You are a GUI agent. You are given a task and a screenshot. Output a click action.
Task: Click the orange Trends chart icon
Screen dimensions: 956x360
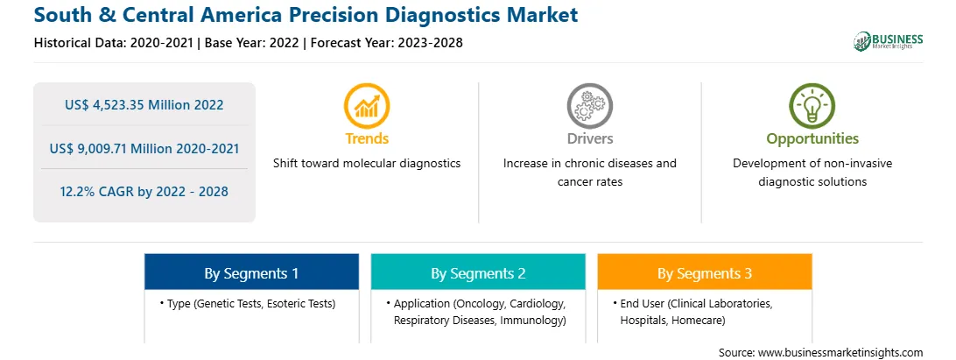[x=367, y=106]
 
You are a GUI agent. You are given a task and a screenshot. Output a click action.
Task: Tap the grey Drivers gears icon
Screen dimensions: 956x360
[x=589, y=106]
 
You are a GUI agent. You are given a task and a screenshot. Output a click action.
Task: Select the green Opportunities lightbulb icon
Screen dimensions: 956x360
[x=812, y=106]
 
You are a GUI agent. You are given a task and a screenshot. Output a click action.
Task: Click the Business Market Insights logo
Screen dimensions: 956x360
[x=888, y=41]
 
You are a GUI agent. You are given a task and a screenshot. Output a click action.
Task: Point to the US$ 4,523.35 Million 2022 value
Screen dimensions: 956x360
[x=144, y=105]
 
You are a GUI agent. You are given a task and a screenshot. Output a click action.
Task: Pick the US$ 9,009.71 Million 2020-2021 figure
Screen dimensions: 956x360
[x=144, y=148]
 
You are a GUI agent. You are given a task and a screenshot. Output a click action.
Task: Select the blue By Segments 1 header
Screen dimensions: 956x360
[x=251, y=272]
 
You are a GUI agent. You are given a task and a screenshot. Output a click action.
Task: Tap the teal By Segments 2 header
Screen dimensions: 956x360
[x=478, y=272]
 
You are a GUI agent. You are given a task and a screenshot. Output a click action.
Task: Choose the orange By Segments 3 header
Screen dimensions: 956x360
[x=705, y=272]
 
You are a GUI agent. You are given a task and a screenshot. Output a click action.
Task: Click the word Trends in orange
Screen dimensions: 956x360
[x=367, y=138]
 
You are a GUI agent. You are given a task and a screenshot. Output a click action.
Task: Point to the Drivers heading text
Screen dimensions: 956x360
[x=589, y=138]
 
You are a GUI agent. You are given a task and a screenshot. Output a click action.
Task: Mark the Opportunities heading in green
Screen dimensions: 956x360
[x=812, y=138]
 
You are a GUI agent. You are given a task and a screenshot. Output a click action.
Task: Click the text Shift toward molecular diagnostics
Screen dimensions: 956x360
[x=367, y=164]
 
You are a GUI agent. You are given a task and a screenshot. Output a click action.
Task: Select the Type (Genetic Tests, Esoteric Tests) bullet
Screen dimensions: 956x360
[x=248, y=303]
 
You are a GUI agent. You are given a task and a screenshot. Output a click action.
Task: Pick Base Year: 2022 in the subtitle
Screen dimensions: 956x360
[x=251, y=43]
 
